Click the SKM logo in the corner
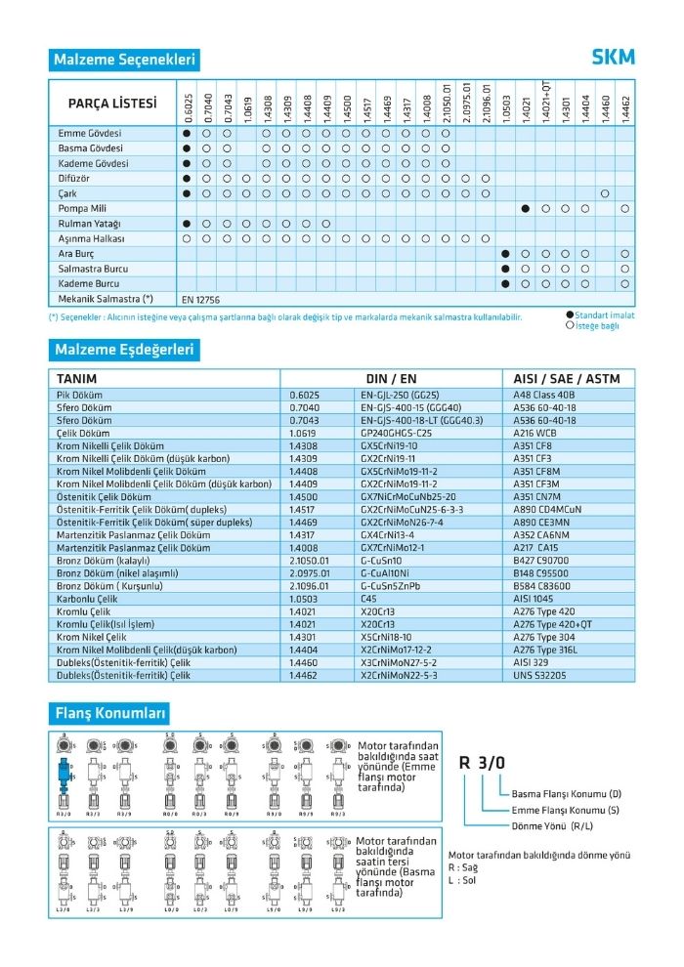pos(613,58)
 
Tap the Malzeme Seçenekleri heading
pos(124,60)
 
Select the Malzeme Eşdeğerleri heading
pos(124,349)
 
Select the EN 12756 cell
pos(201,298)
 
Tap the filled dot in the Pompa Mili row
pos(526,209)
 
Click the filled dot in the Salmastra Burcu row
pos(505,268)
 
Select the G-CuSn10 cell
pos(381,561)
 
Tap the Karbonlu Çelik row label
pos(90,597)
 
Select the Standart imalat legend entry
pos(605,315)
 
